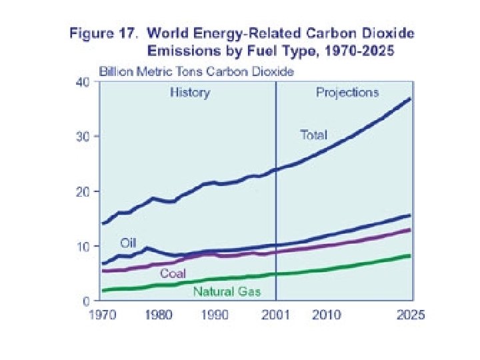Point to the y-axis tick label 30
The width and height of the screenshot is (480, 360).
(x=81, y=137)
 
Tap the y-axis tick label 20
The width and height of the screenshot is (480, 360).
(x=81, y=191)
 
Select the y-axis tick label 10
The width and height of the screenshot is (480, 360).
(x=81, y=247)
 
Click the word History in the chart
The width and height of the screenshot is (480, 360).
(x=189, y=93)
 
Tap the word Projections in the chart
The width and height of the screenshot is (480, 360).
(x=347, y=92)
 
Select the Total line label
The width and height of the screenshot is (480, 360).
(x=313, y=135)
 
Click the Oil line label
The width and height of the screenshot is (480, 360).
(x=128, y=241)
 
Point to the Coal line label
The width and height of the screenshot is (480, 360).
(x=172, y=274)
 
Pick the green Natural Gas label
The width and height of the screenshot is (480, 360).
(x=227, y=291)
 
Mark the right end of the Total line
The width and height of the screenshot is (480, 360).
(x=409, y=99)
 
